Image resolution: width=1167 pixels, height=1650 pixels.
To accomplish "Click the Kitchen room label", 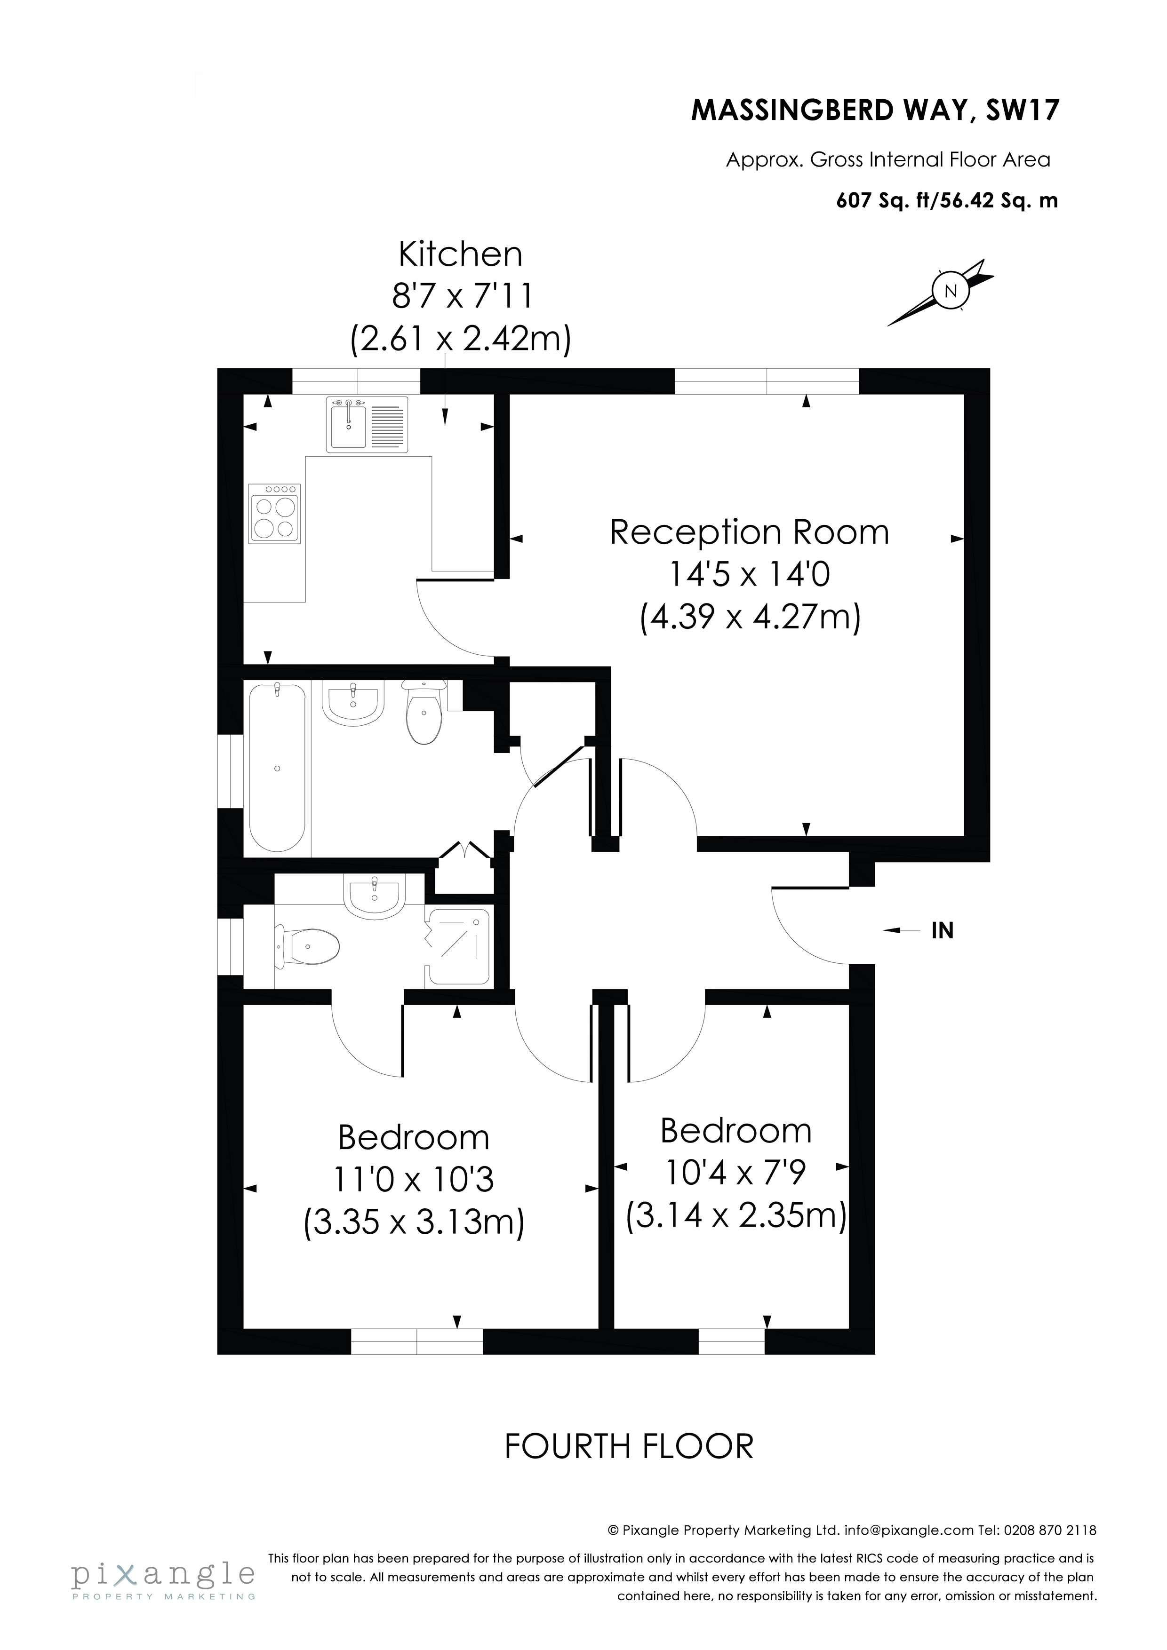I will tap(460, 254).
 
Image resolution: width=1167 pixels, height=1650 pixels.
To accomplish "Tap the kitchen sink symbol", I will tap(367, 424).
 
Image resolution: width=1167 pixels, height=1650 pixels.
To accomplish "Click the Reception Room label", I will tap(749, 532).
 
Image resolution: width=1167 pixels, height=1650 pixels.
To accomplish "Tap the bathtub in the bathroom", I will tap(278, 768).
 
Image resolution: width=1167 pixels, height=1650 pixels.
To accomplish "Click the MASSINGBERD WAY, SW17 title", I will tap(875, 111).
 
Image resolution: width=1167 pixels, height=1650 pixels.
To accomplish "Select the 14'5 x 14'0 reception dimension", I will tap(749, 574).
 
